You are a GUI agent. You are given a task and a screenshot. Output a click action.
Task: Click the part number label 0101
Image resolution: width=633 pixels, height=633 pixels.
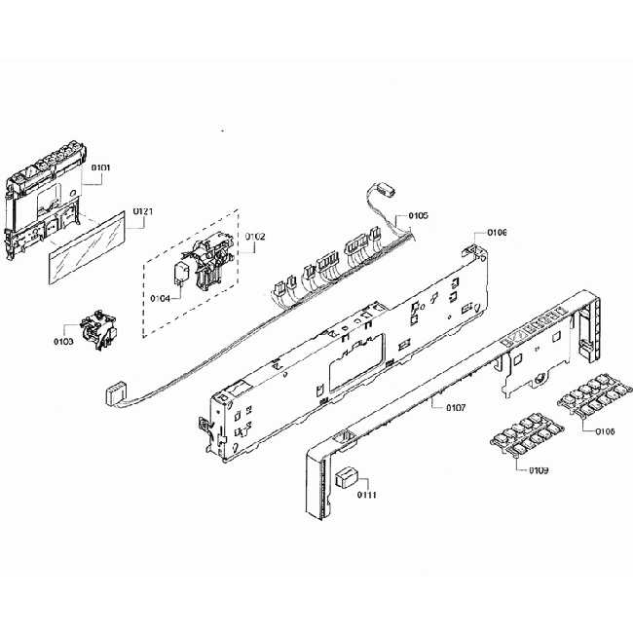coord(101,168)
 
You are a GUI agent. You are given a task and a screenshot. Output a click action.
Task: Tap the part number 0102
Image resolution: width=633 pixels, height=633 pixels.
coord(255,237)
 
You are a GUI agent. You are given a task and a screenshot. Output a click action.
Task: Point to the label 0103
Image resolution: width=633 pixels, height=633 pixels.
coord(63,341)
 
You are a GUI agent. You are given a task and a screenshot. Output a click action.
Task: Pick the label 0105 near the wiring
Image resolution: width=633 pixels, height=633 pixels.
coord(418,215)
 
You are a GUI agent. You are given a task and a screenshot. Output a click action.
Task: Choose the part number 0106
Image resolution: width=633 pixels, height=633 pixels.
coord(497,232)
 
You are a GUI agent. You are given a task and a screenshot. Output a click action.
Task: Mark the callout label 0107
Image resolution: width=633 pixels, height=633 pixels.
coord(443,406)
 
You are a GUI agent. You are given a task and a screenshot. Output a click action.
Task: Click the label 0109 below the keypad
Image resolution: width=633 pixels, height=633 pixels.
coord(538,471)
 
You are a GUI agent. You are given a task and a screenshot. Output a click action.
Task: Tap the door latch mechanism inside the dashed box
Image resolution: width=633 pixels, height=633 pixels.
coord(211,263)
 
